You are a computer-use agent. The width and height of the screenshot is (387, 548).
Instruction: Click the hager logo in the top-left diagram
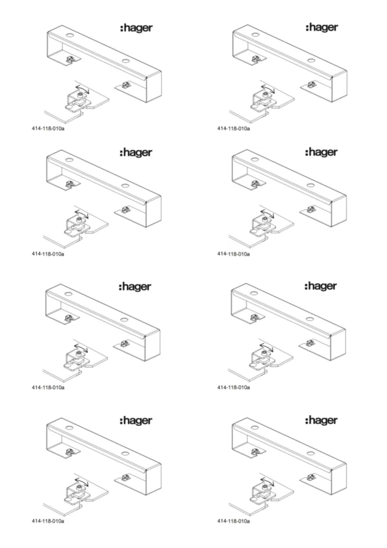[136, 28]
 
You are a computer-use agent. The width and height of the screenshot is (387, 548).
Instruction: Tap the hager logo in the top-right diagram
[322, 27]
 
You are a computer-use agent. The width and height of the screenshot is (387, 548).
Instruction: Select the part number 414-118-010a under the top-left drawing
[48, 128]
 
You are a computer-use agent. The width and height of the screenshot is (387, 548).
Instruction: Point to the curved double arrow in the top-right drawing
[268, 88]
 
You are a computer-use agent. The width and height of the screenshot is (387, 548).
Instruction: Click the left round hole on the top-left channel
[70, 35]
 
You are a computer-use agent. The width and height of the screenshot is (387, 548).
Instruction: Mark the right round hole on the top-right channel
[311, 60]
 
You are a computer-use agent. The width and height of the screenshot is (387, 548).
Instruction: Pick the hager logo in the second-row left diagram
[136, 153]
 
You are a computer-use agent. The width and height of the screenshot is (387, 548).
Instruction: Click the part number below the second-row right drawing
[233, 254]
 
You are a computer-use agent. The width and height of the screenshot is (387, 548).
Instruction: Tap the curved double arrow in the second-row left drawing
[82, 214]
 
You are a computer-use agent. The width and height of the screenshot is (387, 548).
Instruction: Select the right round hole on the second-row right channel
[311, 185]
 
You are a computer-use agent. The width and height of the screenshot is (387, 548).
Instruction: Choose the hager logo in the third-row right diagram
[321, 286]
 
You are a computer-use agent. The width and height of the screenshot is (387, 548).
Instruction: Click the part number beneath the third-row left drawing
[48, 387]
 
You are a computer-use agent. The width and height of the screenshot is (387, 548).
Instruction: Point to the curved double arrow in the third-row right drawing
[267, 347]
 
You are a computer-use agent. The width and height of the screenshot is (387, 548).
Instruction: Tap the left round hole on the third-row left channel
[69, 294]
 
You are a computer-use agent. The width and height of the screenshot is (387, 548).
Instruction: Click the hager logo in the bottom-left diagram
[136, 420]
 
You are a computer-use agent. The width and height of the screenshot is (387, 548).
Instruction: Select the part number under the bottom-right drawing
[233, 521]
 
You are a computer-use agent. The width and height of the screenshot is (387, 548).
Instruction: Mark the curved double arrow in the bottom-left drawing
[82, 482]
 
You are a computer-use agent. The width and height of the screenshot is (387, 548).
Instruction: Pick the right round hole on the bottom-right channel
[311, 453]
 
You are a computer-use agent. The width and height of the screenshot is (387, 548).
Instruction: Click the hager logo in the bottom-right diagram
[321, 420]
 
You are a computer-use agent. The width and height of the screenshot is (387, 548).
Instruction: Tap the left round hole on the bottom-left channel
[69, 428]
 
